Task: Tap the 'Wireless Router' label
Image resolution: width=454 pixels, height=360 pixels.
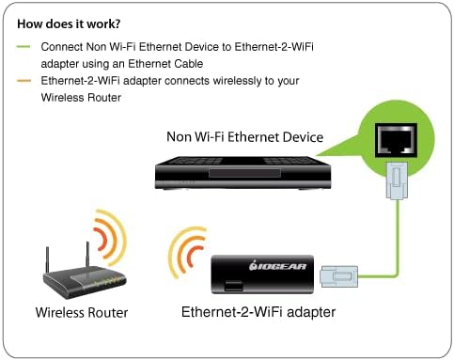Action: (x=82, y=312)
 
